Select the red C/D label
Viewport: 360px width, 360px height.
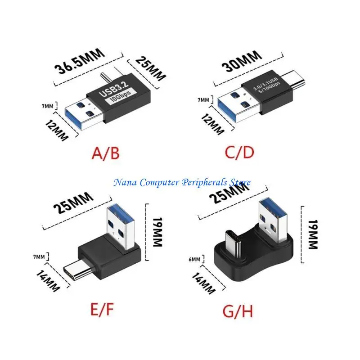239,152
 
